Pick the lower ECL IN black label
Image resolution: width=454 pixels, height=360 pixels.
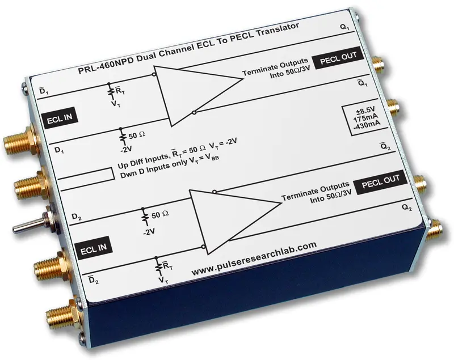point(94,248)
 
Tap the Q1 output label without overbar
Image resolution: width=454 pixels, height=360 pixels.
point(345,27)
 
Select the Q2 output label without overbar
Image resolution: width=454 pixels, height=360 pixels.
point(407,207)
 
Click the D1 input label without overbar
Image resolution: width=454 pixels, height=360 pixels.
point(60,150)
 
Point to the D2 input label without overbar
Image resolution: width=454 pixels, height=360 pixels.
point(77,217)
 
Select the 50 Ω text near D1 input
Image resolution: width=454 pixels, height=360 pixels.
point(137,135)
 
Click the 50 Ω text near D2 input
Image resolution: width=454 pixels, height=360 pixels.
point(160,215)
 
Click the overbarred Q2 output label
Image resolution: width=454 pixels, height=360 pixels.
point(385,146)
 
